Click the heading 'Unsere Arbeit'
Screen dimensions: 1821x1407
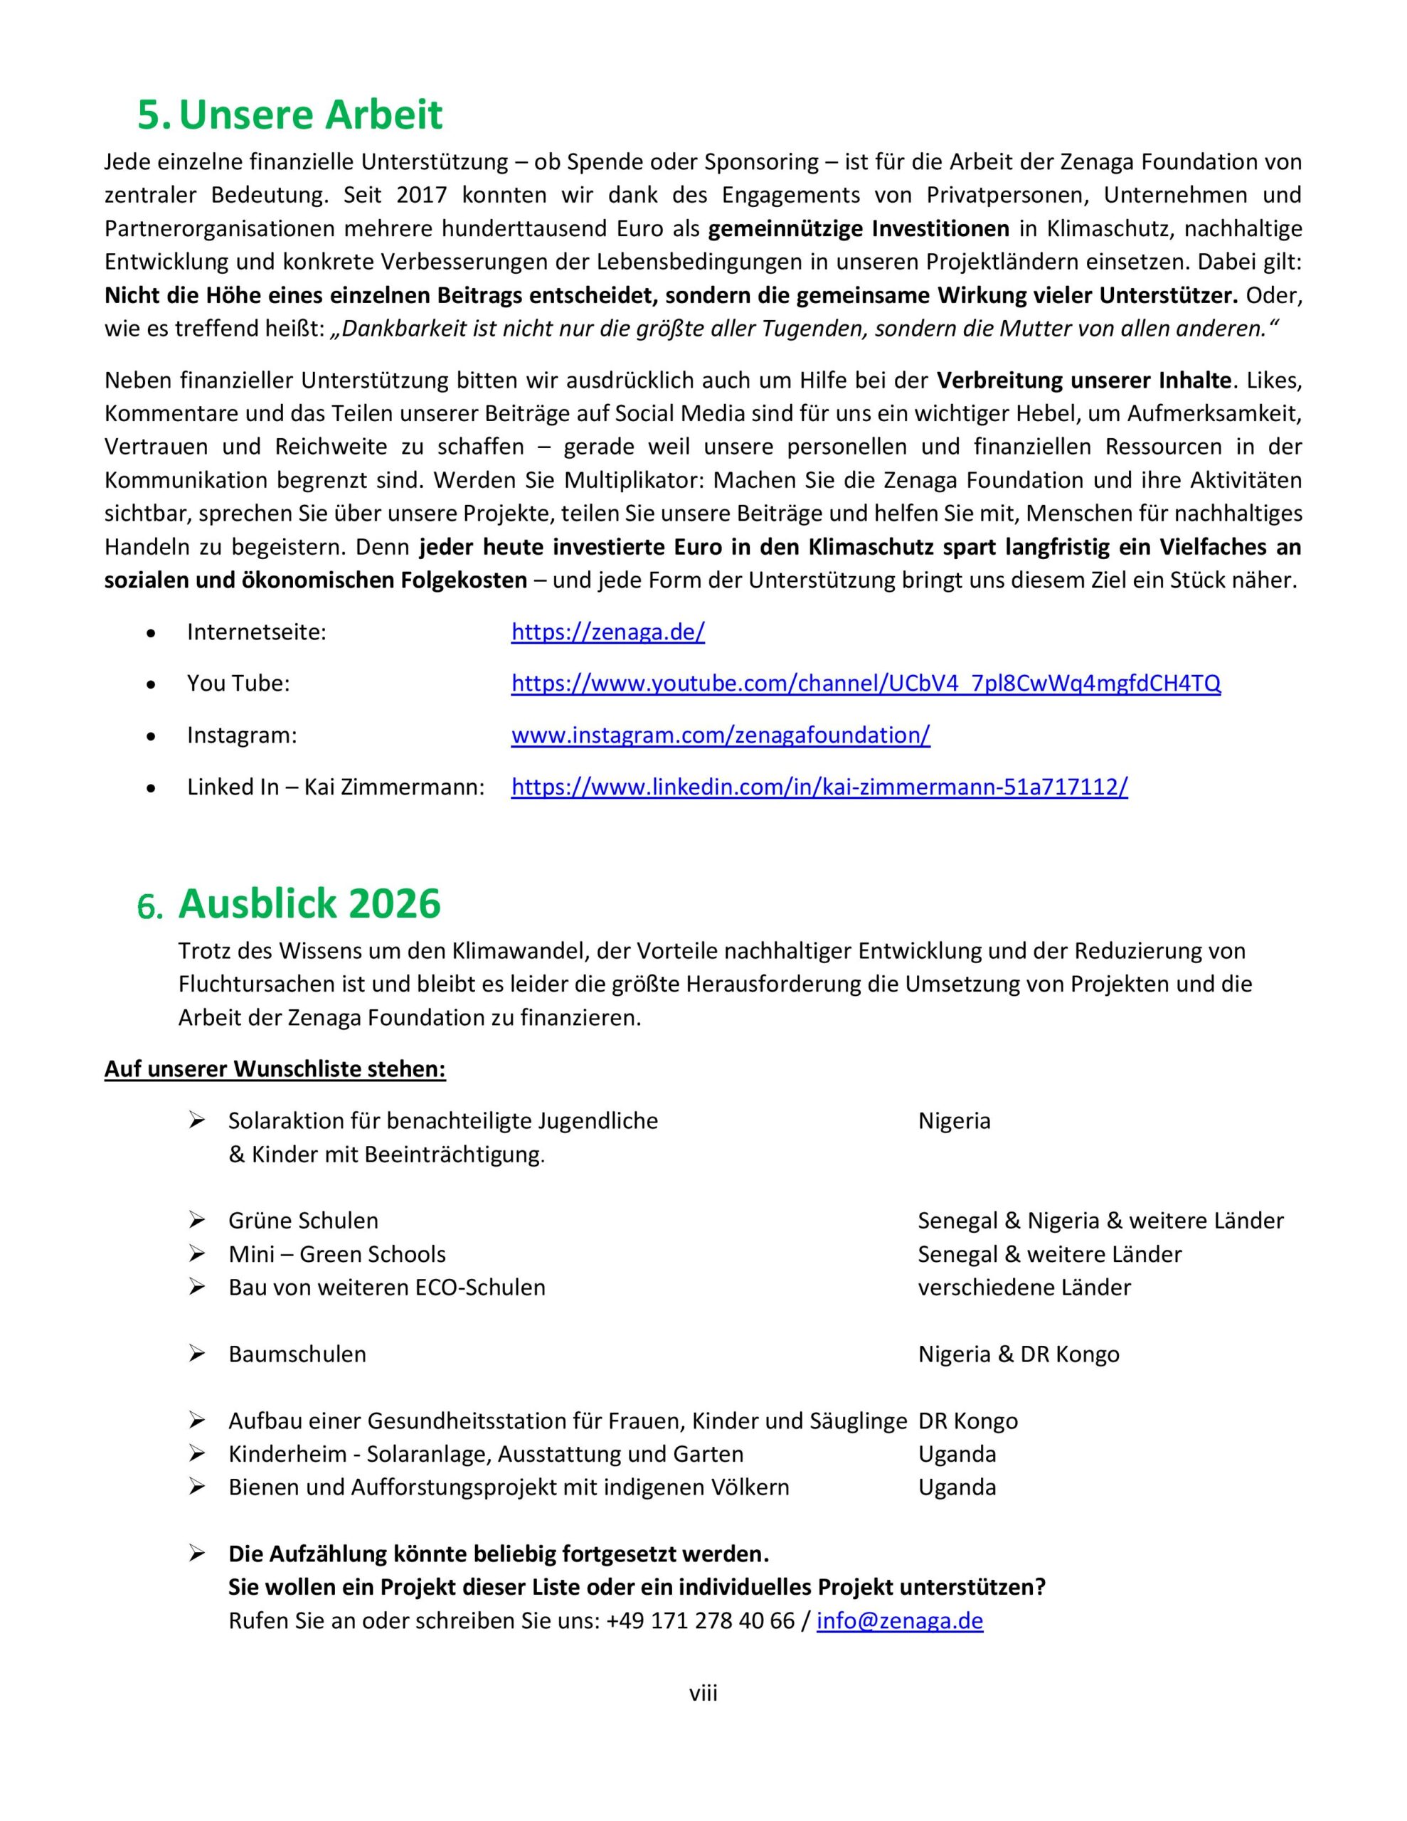tap(310, 115)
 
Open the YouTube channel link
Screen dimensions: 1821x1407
tap(866, 684)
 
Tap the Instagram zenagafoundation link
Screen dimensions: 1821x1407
tap(721, 736)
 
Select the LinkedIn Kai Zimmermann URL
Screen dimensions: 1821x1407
tap(819, 787)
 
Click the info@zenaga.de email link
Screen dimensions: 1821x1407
tap(900, 1621)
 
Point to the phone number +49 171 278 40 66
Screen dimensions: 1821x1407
tap(701, 1621)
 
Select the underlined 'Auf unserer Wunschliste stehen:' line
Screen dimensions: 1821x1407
tap(275, 1069)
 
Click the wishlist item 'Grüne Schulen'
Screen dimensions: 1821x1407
tap(304, 1221)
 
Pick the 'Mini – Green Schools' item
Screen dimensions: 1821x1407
tap(337, 1254)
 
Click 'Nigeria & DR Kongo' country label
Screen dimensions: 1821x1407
tap(1019, 1354)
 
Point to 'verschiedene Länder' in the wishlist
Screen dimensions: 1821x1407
tap(1024, 1288)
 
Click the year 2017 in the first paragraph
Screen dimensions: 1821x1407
tap(422, 195)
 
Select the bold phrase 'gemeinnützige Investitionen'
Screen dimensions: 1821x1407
tap(858, 228)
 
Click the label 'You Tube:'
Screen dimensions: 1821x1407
tap(238, 684)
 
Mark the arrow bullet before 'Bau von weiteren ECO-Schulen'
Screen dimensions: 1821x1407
tap(197, 1288)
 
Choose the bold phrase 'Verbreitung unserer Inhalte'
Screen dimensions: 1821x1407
tap(1084, 381)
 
